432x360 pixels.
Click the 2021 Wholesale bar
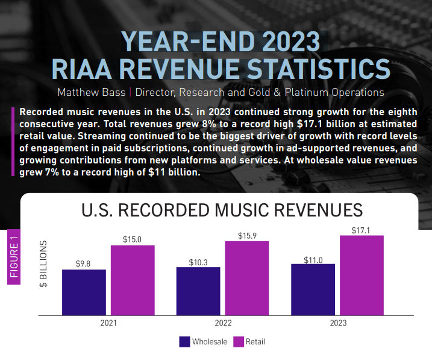[84, 292]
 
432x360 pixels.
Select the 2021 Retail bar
[133, 280]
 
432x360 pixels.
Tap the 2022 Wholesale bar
[198, 291]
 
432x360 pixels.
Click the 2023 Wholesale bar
[313, 289]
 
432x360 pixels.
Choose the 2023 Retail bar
[362, 275]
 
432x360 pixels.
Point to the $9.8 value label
[84, 264]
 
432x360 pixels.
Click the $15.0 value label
[133, 239]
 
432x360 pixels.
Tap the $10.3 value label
[198, 261]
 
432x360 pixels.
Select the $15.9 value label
[247, 235]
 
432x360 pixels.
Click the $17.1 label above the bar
[362, 230]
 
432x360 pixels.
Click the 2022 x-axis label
[223, 323]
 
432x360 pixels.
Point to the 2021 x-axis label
[108, 323]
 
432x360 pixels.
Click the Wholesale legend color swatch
[185, 342]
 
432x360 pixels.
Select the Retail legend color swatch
[238, 342]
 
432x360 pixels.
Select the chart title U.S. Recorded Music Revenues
[222, 210]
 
